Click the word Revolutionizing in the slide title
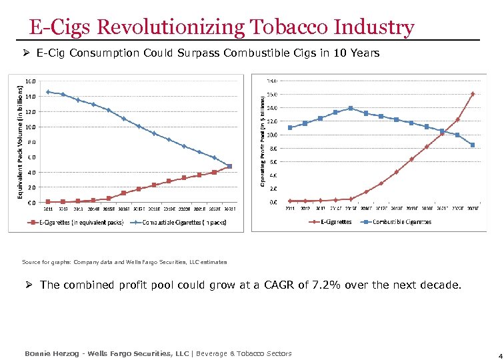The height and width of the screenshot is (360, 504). (171, 27)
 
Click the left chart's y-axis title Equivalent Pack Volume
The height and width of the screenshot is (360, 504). (20, 141)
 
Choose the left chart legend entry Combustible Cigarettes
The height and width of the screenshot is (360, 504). (183, 222)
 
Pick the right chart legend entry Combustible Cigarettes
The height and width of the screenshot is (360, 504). (396, 221)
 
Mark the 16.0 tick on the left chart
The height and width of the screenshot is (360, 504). (31, 81)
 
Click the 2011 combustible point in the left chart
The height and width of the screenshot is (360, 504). (48, 92)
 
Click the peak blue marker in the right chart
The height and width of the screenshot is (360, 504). (351, 108)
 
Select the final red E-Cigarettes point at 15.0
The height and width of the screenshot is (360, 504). (473, 94)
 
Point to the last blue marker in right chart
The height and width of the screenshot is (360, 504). (473, 145)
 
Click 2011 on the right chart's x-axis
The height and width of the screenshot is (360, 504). (290, 208)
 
